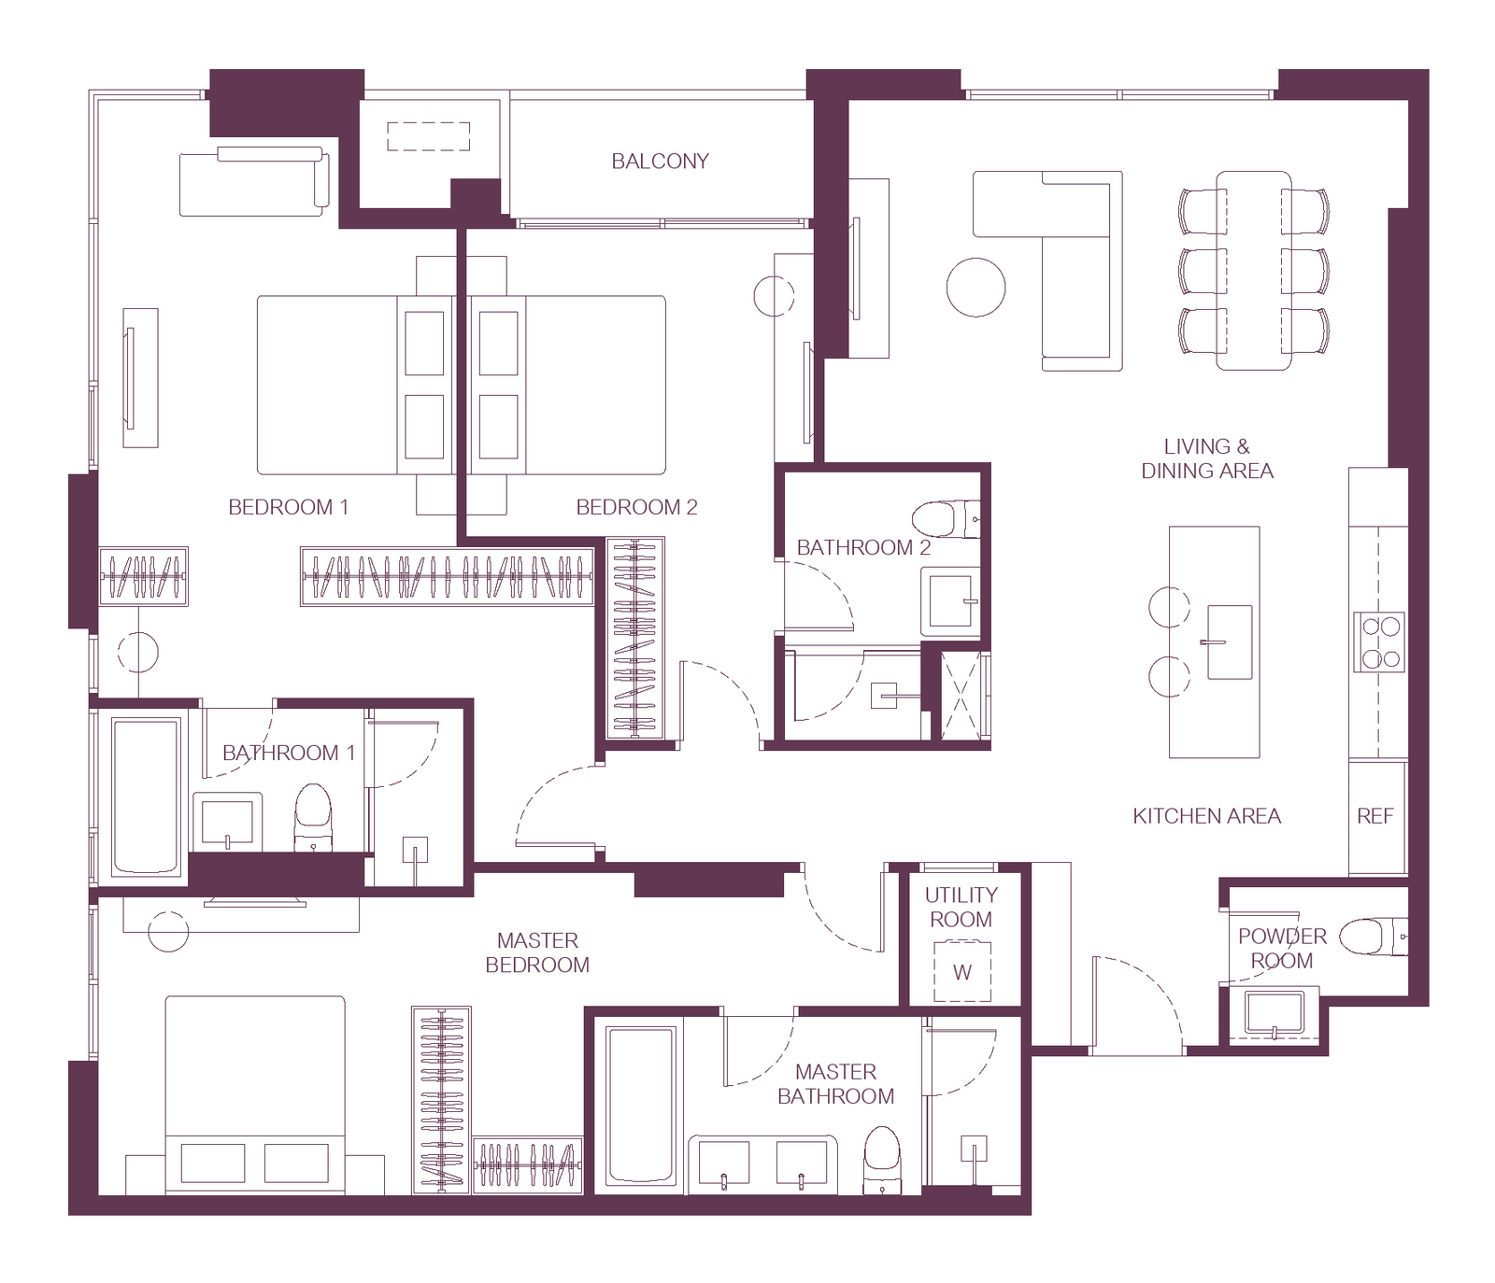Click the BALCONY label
click(660, 162)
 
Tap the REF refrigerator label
click(1374, 816)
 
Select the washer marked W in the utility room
click(962, 972)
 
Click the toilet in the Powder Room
click(1373, 937)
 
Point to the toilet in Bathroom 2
click(946, 519)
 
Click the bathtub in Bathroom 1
click(146, 796)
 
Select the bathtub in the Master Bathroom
click(641, 1106)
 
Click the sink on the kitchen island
click(1229, 641)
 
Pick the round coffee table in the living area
click(975, 288)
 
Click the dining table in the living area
click(1254, 270)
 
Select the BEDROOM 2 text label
click(636, 507)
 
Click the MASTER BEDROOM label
click(537, 952)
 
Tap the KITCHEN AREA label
click(1206, 816)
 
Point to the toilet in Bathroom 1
click(313, 816)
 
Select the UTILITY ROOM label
click(961, 907)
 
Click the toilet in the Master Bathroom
click(881, 1159)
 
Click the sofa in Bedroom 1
click(254, 181)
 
